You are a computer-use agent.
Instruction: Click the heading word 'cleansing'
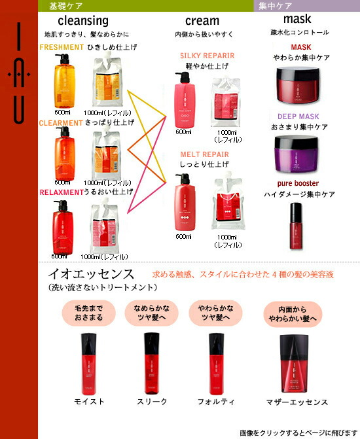click(x=83, y=20)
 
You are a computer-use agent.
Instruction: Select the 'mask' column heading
click(x=297, y=20)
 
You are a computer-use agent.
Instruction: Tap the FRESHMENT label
click(x=62, y=47)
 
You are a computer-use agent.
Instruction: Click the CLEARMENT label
click(x=61, y=122)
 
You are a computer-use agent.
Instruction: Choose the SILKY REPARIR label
click(x=207, y=56)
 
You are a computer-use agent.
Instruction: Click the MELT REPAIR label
click(x=204, y=154)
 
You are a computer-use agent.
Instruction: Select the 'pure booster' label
click(x=298, y=184)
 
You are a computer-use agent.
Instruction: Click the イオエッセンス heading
click(x=91, y=273)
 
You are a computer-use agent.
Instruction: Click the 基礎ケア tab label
click(x=66, y=6)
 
